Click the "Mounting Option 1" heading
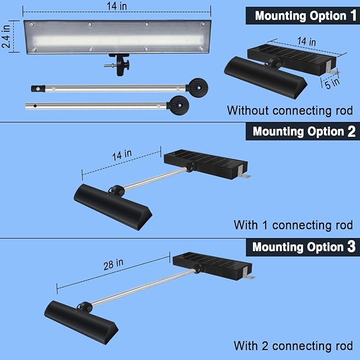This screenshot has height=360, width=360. [305, 16]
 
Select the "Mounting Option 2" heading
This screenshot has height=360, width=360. [304, 131]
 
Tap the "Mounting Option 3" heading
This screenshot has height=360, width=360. [304, 247]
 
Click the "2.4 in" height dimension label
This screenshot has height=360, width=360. [6, 37]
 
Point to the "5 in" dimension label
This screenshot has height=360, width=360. [332, 83]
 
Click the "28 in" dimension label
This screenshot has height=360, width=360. [113, 264]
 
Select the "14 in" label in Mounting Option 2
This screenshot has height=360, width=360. [122, 155]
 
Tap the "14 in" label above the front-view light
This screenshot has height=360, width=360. [117, 6]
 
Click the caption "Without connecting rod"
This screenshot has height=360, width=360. [290, 111]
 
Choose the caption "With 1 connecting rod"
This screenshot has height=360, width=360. [293, 225]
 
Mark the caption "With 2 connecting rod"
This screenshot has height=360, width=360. [293, 346]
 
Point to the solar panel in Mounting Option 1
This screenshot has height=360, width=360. [292, 59]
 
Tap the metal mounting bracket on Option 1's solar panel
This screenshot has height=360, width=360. [331, 69]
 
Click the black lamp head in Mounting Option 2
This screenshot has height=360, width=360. [113, 207]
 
